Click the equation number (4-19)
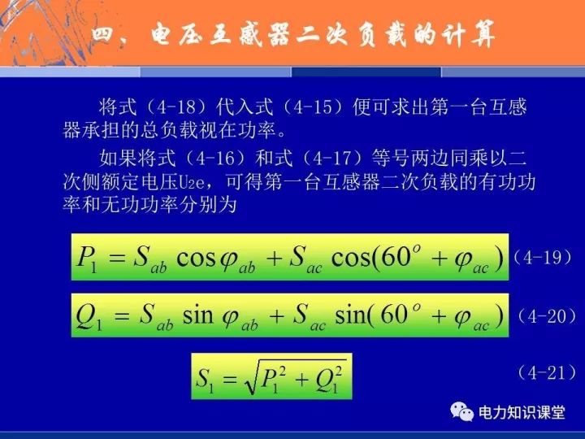(x=542, y=257)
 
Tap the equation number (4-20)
(x=547, y=316)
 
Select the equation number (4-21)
(x=547, y=372)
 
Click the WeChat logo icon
(x=461, y=411)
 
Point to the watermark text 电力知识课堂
(x=522, y=412)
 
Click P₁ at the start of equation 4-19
(x=87, y=259)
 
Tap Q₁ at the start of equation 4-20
(x=89, y=316)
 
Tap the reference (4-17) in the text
(x=332, y=159)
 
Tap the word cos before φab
(x=197, y=258)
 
